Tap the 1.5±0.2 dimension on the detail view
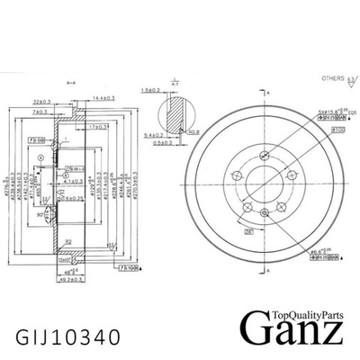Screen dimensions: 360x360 (x=150, y=91)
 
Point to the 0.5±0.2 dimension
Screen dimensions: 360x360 (x=163, y=142)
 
